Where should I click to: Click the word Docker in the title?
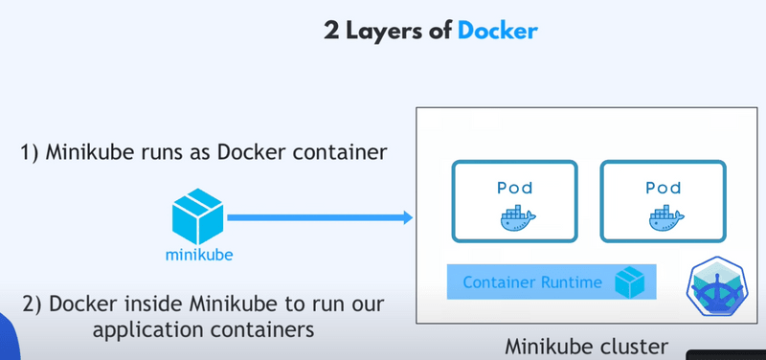point(497,30)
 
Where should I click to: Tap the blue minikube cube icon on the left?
point(199,218)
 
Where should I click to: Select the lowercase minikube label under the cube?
point(199,256)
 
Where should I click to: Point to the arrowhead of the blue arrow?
point(406,219)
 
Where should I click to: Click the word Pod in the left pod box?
point(514,187)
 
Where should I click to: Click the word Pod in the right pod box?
point(663,187)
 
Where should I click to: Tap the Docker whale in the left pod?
point(515,218)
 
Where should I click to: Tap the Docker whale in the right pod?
point(664,218)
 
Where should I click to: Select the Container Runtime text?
point(532,282)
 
